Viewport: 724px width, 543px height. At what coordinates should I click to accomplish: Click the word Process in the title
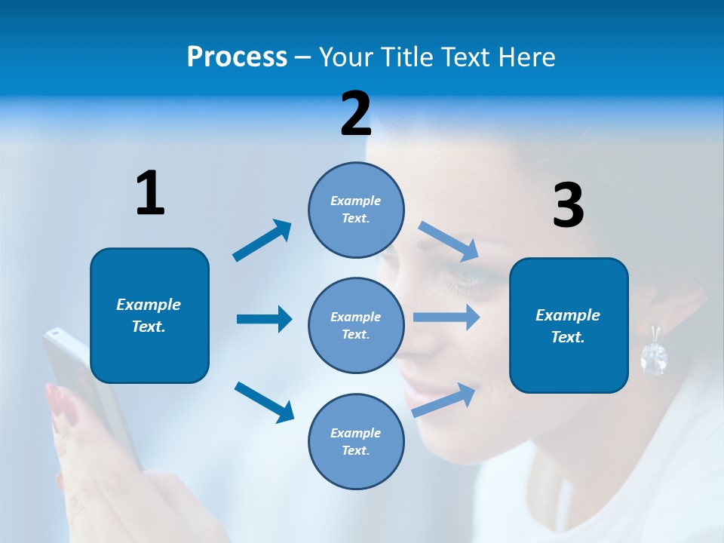pos(237,57)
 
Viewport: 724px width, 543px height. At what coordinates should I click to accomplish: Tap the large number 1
pos(149,193)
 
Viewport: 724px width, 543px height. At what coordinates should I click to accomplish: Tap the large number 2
pos(356,114)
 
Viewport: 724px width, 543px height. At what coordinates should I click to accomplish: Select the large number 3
pos(568,206)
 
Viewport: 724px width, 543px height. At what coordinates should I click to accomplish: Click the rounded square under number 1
pos(149,315)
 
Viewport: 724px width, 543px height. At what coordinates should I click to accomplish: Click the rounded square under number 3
pos(569,326)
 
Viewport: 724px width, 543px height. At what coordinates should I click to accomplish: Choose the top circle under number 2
pos(356,210)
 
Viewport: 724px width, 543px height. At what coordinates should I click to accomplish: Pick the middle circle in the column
pos(356,326)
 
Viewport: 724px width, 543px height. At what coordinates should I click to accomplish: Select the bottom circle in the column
pos(356,442)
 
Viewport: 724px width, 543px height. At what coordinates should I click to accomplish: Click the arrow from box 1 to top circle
pos(262,241)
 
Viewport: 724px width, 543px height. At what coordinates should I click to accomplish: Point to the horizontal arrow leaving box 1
pos(264,319)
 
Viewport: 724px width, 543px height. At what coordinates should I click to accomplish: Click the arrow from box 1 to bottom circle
pos(264,401)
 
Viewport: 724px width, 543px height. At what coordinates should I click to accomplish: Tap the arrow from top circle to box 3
pos(449,241)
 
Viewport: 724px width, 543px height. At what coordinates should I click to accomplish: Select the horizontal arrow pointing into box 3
pos(446,318)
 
